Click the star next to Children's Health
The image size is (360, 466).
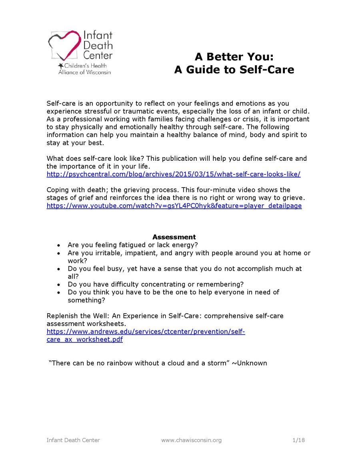pos(61,65)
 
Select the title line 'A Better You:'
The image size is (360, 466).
pos(234,56)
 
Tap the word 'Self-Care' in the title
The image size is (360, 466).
pos(267,70)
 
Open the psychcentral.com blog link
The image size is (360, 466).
pos(173,174)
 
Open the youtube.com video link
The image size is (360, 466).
pos(174,206)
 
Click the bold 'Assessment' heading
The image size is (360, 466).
pos(174,237)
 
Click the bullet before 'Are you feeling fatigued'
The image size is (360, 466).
pos(59,245)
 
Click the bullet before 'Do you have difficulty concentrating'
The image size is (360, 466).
pos(59,284)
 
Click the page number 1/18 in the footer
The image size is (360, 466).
pos(298,440)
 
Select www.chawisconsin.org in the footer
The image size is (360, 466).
pos(191,440)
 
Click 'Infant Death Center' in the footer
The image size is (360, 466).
pos(73,440)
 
